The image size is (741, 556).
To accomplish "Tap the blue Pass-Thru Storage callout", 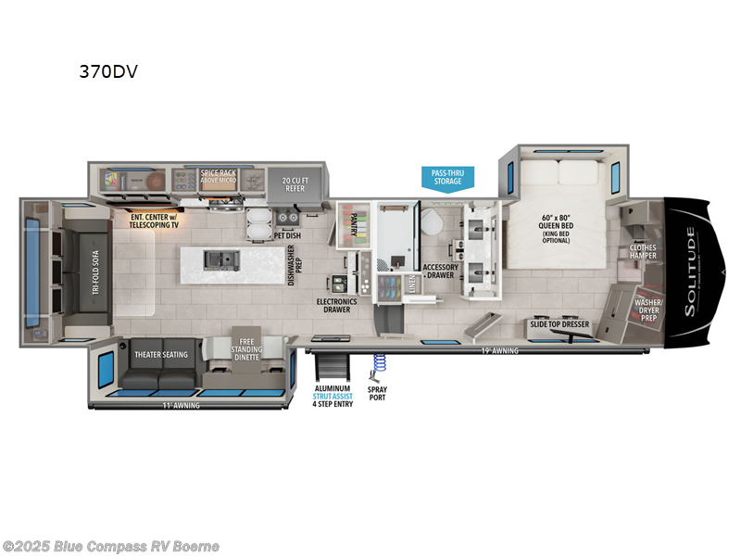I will coord(448,176).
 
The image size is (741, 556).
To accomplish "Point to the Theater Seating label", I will coord(161,354).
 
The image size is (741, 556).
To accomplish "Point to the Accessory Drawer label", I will coord(441,272).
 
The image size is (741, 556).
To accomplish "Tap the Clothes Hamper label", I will coord(643,251).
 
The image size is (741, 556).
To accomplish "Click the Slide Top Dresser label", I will coord(559,324).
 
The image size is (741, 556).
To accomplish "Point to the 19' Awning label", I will coord(499,351).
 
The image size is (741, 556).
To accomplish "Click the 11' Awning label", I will coord(180,405).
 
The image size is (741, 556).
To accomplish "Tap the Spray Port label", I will coord(377,396).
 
